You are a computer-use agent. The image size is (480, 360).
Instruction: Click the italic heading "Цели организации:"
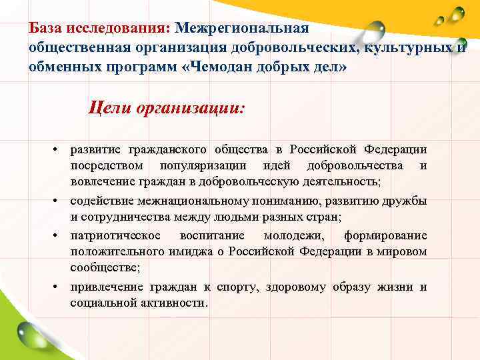click(x=167, y=107)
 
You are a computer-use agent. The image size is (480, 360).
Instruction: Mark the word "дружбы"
click(x=408, y=201)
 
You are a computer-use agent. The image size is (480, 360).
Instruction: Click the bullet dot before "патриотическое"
click(x=57, y=235)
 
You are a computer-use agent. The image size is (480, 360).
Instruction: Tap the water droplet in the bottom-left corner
click(x=30, y=333)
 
